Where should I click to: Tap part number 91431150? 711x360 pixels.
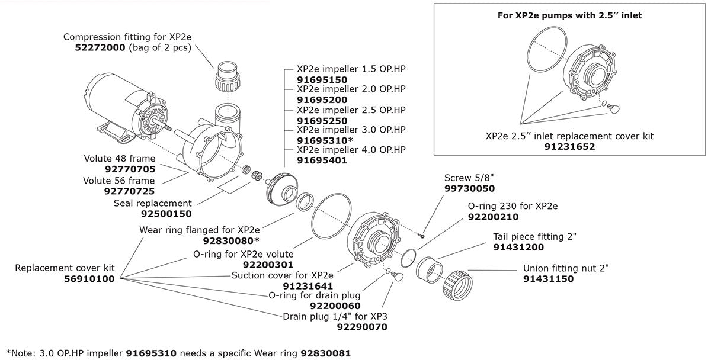548,278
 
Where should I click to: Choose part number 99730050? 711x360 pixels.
469,188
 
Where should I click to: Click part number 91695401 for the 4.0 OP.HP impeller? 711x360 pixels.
322,160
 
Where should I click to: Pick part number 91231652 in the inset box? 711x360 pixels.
569,146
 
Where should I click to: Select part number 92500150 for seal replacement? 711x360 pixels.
166,213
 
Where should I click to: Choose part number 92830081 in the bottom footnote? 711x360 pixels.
326,353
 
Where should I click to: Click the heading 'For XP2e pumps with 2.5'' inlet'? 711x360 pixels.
569,15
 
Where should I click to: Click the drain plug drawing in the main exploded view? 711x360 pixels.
395,277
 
